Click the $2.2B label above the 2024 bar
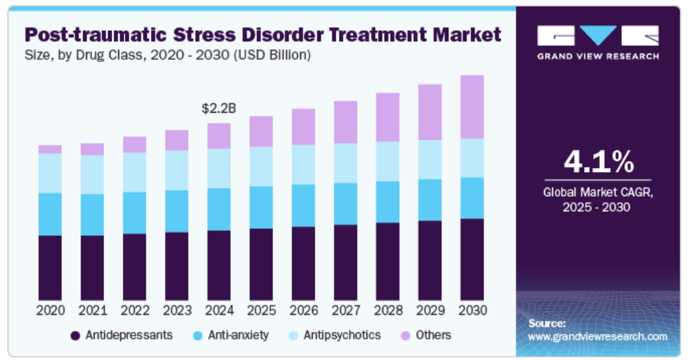tap(219, 108)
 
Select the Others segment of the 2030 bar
tap(472, 107)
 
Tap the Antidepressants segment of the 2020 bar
tap(50, 267)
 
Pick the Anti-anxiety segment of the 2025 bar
tap(261, 207)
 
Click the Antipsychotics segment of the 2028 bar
tap(387, 161)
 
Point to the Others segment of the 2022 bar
tap(134, 144)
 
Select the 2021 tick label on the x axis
tap(93, 310)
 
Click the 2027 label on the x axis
tap(346, 310)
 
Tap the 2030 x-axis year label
tap(472, 310)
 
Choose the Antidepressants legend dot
tap(76, 335)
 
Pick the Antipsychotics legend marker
tap(293, 335)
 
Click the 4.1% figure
tap(598, 163)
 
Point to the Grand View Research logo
tap(597, 42)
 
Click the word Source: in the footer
tap(547, 323)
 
